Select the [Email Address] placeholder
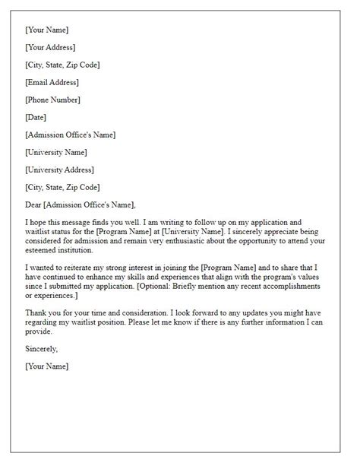coord(52,82)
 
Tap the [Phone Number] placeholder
coord(52,100)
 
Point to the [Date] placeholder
coord(36,117)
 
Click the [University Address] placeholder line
coord(61,170)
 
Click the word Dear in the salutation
coord(34,205)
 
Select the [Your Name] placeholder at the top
coord(46,30)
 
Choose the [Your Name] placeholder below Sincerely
coord(46,366)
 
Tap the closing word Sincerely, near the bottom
coord(42,348)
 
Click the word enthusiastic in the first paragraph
coord(217,240)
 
